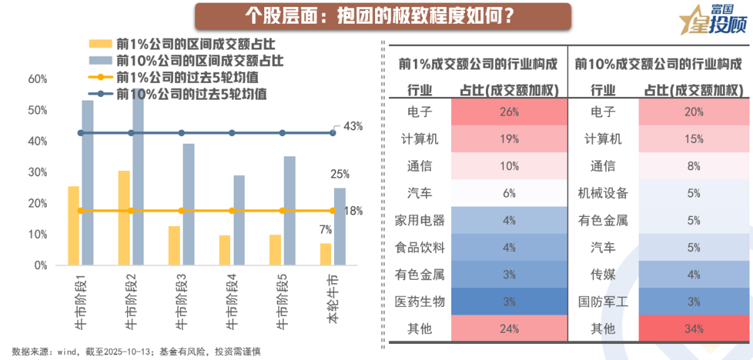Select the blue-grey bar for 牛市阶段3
[188, 204]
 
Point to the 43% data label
[353, 126]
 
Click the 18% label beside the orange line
[353, 211]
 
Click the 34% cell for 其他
[693, 329]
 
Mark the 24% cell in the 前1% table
[509, 329]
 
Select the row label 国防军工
[603, 301]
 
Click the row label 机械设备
[603, 193]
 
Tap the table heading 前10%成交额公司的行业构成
[658, 64]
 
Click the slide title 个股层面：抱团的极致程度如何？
[382, 16]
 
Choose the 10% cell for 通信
[509, 166]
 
